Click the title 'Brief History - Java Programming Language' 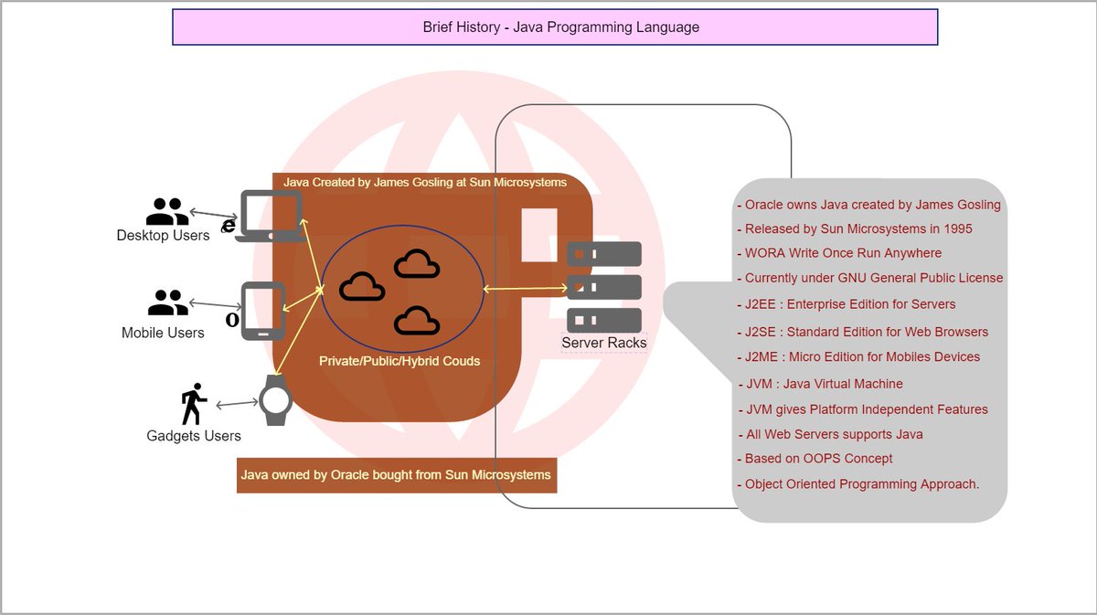[x=560, y=27]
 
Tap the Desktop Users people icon [x=167, y=211]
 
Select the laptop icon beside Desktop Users [x=271, y=216]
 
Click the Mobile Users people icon [x=168, y=302]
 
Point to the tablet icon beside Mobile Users [x=263, y=311]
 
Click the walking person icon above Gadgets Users [x=194, y=404]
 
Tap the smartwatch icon [x=276, y=400]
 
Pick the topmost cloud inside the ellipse [x=417, y=264]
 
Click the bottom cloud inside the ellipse [x=417, y=321]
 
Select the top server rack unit [x=604, y=254]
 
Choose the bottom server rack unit [x=604, y=320]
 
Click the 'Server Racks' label [x=604, y=343]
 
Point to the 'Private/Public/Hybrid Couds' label [x=399, y=361]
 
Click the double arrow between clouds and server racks [x=525, y=289]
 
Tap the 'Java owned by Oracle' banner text [x=396, y=474]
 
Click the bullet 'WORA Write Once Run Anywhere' [x=839, y=253]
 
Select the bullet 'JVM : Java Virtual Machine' [x=821, y=384]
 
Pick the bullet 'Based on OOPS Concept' [x=815, y=459]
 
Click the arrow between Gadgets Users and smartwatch [x=237, y=404]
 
